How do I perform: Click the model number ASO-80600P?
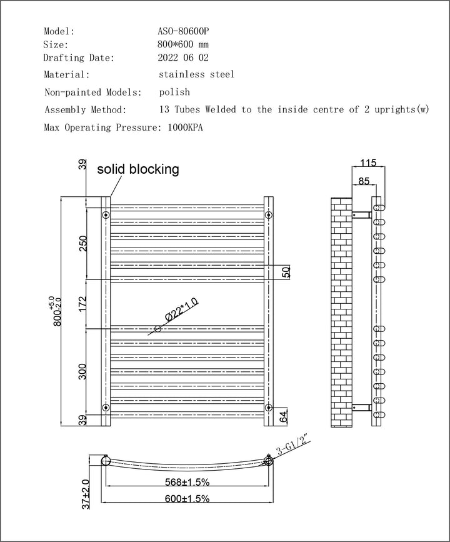pyautogui.click(x=184, y=31)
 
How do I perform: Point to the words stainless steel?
pyautogui.click(x=196, y=74)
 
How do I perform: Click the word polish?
pyautogui.click(x=174, y=92)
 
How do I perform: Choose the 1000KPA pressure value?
pyautogui.click(x=185, y=128)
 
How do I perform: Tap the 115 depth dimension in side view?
pyautogui.click(x=368, y=163)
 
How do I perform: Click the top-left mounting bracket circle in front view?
pyautogui.click(x=106, y=215)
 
